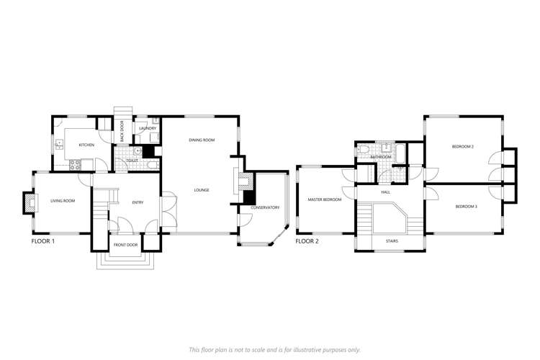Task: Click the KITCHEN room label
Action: pyautogui.click(x=86, y=145)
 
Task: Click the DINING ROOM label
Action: pyautogui.click(x=199, y=140)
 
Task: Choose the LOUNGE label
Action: pyautogui.click(x=201, y=190)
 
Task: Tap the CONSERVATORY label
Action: pyautogui.click(x=264, y=208)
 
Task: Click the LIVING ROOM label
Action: pyautogui.click(x=63, y=201)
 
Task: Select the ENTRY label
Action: pyautogui.click(x=138, y=202)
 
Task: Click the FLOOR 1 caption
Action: pyautogui.click(x=43, y=242)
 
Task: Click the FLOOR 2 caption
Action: pyautogui.click(x=307, y=241)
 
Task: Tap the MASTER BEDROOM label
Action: pyautogui.click(x=324, y=199)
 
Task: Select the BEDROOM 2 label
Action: pyautogui.click(x=463, y=146)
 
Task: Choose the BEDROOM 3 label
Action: pyautogui.click(x=466, y=207)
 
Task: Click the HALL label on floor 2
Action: pyautogui.click(x=385, y=192)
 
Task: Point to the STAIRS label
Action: pyautogui.click(x=392, y=241)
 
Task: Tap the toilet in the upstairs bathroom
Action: pyautogui.click(x=364, y=150)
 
